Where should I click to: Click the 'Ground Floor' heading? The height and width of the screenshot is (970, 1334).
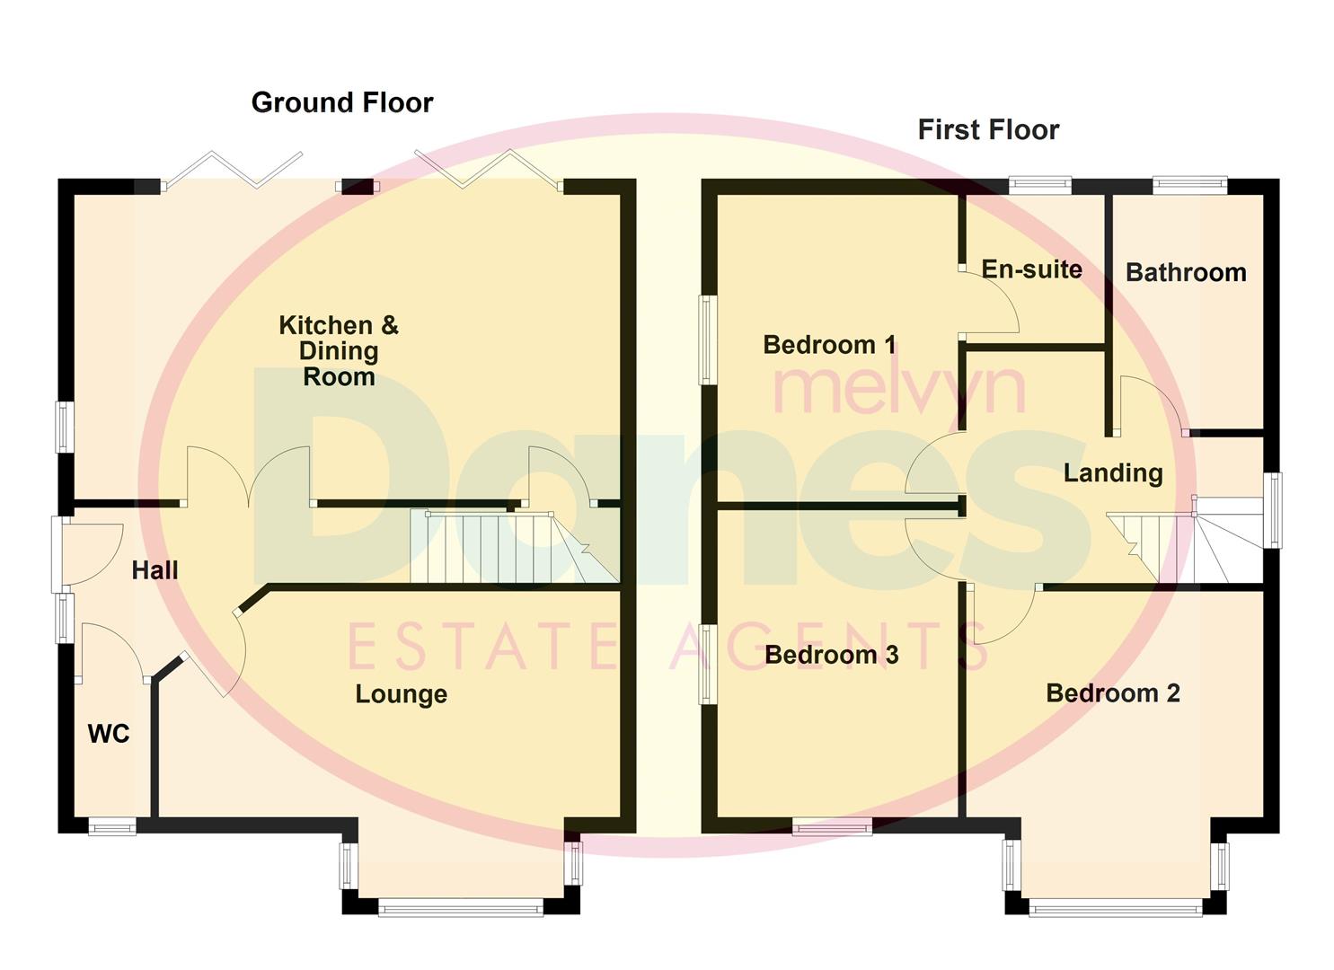(341, 102)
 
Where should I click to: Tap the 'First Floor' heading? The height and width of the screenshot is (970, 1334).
(988, 130)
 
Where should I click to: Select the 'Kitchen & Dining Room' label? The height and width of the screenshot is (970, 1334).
(339, 350)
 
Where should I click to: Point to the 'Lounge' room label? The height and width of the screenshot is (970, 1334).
(401, 694)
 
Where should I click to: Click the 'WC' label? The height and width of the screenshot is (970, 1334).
(109, 734)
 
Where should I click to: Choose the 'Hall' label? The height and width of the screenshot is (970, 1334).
(155, 570)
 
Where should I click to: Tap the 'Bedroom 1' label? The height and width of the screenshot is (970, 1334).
(829, 345)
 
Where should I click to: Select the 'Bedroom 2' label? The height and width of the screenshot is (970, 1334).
(1112, 693)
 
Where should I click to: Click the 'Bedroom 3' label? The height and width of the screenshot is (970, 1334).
(831, 655)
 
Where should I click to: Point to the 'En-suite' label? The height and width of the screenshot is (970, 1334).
(1031, 269)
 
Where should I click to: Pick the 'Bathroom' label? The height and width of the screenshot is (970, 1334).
(1186, 273)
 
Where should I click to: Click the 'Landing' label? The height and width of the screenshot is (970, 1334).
(1113, 473)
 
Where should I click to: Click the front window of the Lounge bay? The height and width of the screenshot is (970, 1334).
(461, 909)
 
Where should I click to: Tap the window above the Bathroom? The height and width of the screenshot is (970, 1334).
(1189, 185)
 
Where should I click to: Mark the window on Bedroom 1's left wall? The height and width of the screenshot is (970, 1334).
(708, 339)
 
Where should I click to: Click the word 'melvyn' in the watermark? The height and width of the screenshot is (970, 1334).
(898, 386)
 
